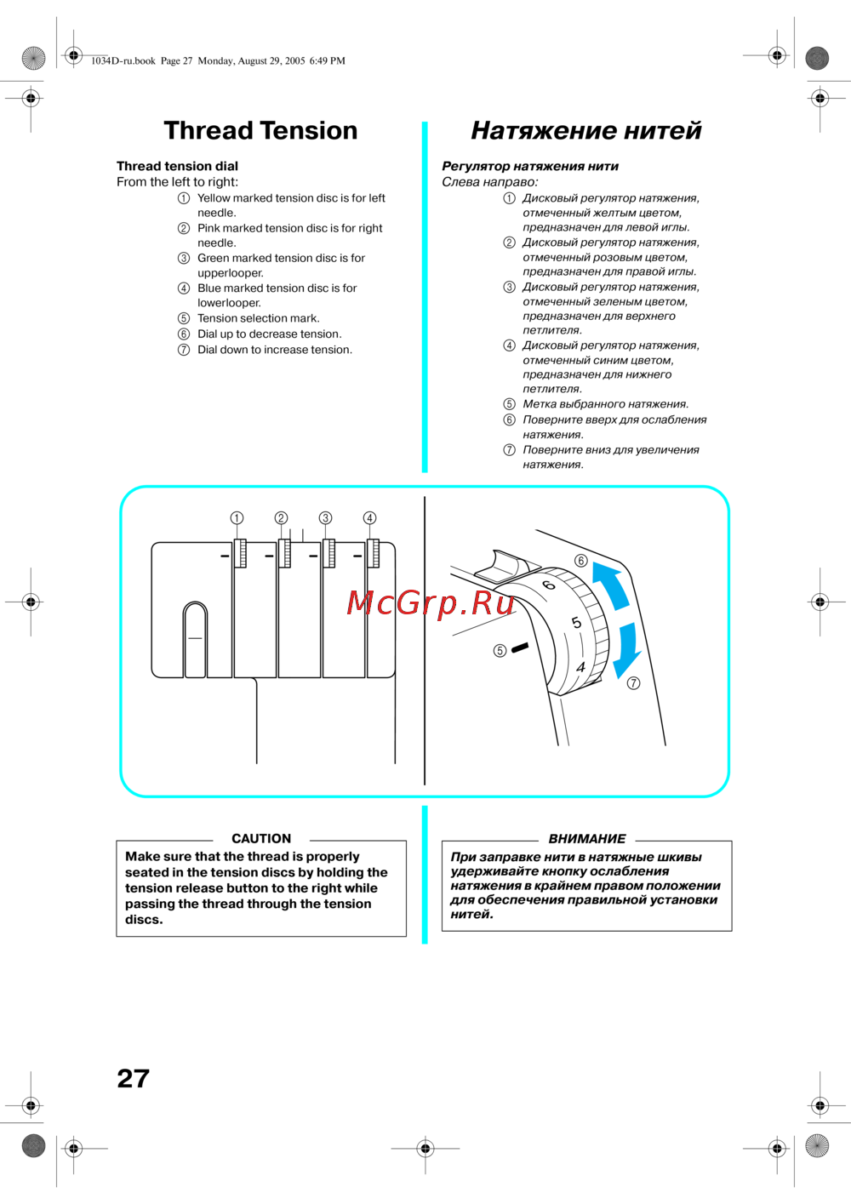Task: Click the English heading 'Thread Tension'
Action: (260, 130)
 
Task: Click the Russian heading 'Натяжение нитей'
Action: (585, 130)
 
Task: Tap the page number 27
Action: (134, 1078)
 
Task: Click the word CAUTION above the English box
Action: (261, 838)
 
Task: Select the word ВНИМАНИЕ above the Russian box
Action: (586, 838)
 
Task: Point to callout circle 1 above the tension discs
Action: (237, 517)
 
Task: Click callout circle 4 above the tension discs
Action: (369, 517)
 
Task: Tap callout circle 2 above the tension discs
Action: (281, 517)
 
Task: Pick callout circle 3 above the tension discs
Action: (325, 517)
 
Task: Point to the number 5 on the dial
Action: (576, 623)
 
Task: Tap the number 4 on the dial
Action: (581, 668)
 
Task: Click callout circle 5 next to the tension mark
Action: (500, 651)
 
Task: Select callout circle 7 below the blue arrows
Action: (633, 683)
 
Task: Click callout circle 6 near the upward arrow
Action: (581, 561)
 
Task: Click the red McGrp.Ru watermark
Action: (431, 602)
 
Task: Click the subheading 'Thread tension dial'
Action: (177, 166)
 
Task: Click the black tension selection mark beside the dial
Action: (519, 648)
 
